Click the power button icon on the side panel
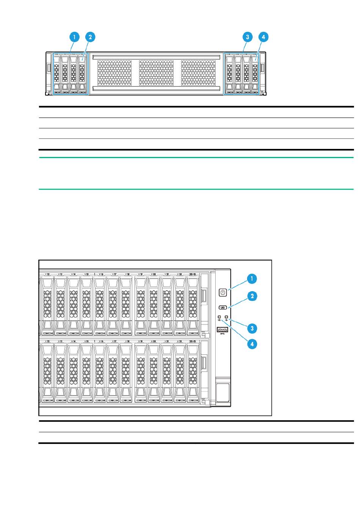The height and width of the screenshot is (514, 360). tap(223, 292)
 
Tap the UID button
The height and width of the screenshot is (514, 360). tap(222, 308)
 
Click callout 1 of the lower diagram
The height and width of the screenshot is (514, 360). tap(252, 279)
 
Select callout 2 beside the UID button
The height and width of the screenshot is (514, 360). tap(252, 296)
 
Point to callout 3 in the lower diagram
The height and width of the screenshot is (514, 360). tap(252, 327)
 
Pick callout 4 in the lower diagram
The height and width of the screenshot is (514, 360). tap(252, 344)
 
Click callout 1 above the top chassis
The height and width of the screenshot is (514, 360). tap(74, 37)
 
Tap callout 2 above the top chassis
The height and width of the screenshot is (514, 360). tap(90, 37)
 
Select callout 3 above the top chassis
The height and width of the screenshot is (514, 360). tap(247, 37)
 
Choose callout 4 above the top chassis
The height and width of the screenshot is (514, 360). tap(263, 37)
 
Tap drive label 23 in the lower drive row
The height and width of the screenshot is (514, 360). tap(193, 342)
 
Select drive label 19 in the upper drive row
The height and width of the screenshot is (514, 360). tap(141, 274)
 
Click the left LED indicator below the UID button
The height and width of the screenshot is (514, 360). tap(219, 317)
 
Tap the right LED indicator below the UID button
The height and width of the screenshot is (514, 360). tap(227, 317)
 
